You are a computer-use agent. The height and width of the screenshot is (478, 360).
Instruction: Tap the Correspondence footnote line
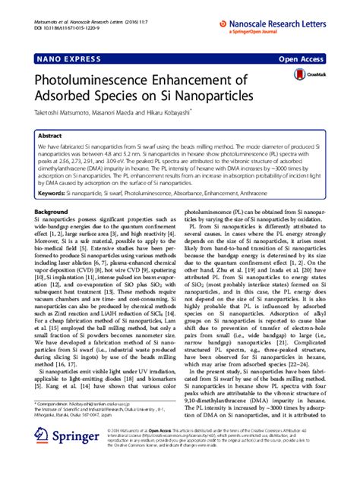84,426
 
